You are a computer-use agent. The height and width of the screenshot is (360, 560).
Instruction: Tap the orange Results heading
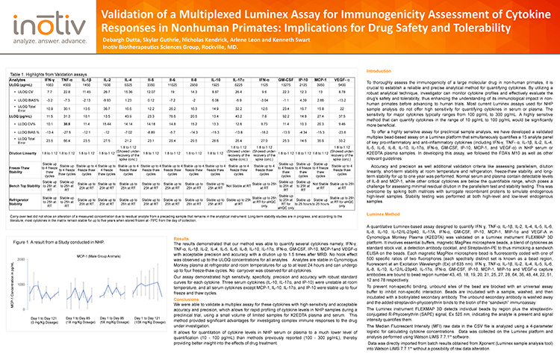[181, 258]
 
